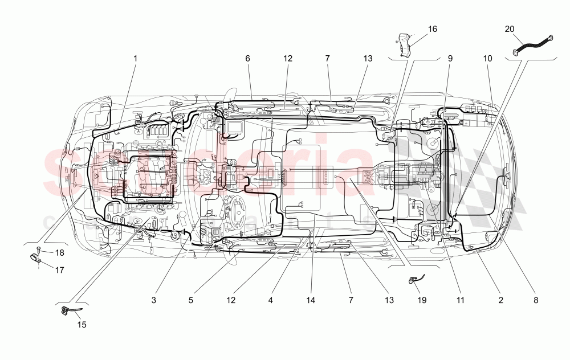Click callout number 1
coord(136,58)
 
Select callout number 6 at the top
coord(248,58)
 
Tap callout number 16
coord(433,28)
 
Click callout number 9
coord(450,58)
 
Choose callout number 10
coord(487,58)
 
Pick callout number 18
coord(59,252)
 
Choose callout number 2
coord(501,299)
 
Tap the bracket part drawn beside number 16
coord(405,45)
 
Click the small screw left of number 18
coord(38,249)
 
